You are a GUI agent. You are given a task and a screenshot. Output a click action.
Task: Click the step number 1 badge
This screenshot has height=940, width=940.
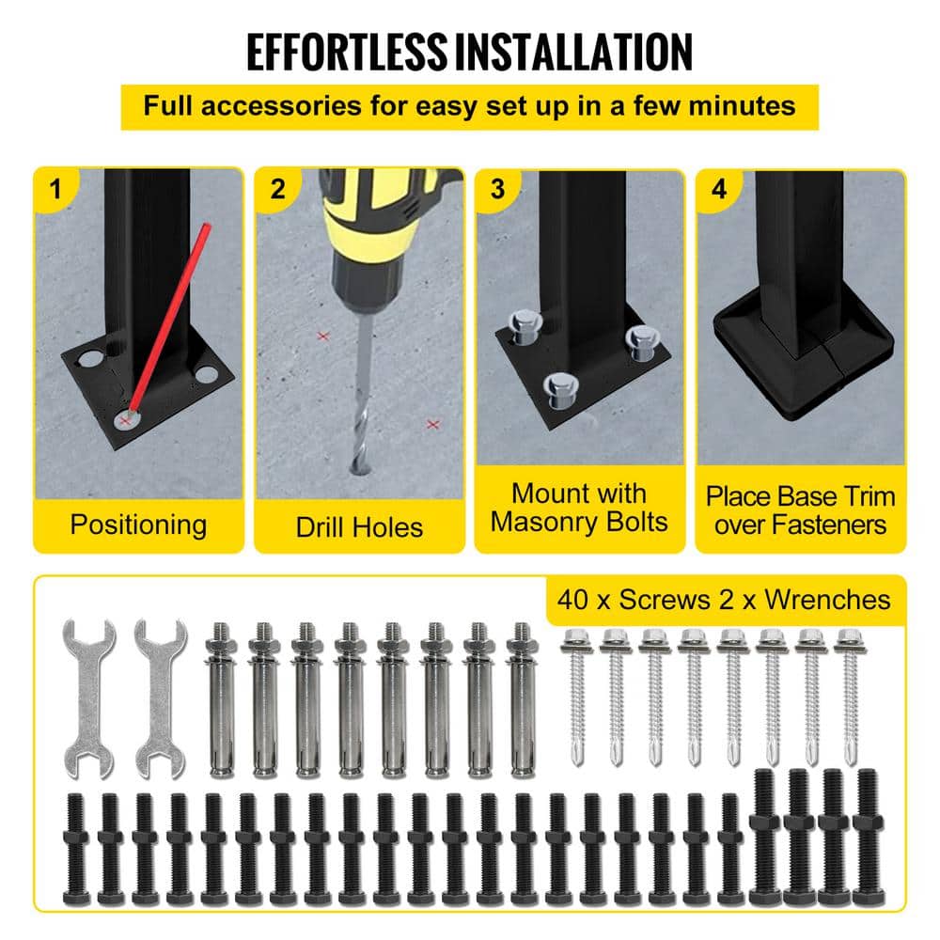55,189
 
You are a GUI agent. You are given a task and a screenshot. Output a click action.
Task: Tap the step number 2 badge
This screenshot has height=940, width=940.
277,189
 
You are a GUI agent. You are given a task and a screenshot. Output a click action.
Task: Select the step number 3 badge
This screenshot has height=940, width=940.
497,189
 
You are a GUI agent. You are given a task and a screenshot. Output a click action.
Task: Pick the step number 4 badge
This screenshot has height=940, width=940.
719,189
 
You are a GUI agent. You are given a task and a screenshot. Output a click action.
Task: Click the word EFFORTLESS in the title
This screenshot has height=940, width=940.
347,52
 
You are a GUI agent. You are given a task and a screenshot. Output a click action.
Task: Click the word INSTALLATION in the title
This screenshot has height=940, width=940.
573,52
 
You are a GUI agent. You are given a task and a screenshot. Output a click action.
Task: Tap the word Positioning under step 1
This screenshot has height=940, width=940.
138,525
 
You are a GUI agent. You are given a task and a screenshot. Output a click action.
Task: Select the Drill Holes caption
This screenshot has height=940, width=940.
359,527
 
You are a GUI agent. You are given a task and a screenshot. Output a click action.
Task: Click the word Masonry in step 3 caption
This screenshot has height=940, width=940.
542,523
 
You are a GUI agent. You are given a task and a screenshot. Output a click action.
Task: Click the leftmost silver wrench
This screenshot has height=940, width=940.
88,698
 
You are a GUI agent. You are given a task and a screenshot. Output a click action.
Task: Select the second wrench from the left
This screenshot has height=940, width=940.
160,698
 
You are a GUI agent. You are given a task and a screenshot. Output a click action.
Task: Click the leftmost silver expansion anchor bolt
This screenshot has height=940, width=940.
221,699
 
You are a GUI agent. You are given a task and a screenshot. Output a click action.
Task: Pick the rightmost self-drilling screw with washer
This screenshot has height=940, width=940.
850,697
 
